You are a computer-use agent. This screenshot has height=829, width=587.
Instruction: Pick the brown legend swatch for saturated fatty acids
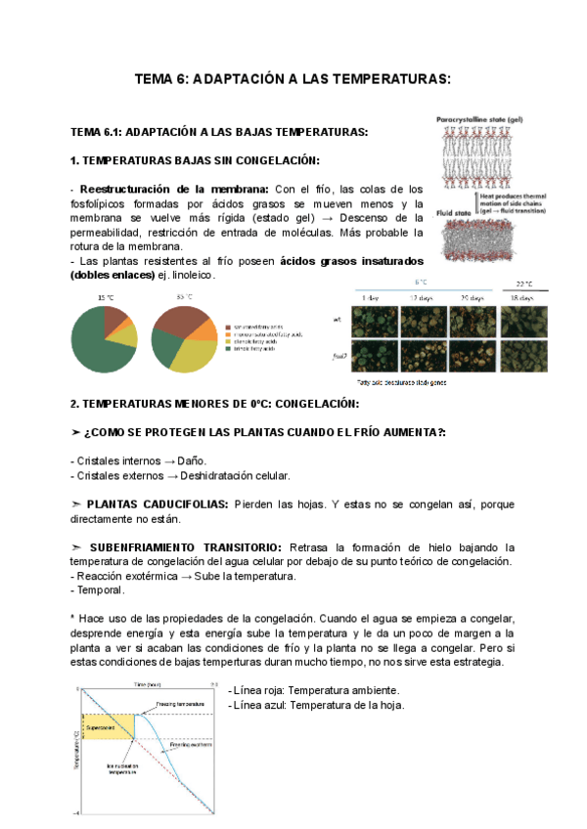point(226,327)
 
